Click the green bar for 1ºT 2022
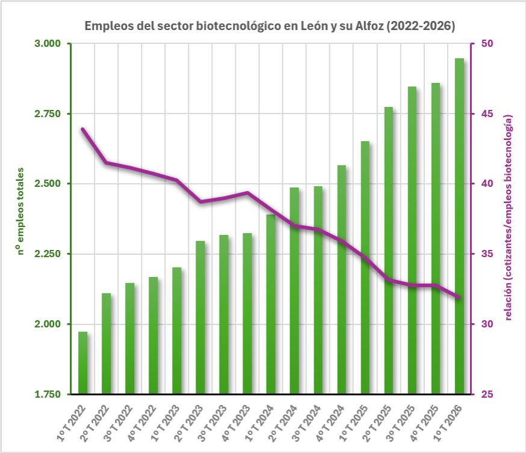click(x=83, y=363)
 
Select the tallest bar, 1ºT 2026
click(x=459, y=226)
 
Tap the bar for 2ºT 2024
click(x=294, y=291)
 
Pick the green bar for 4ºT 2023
click(x=247, y=314)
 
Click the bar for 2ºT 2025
click(x=389, y=251)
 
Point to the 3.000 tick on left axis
click(x=48, y=43)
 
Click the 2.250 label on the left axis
click(x=48, y=254)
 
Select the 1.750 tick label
click(x=48, y=394)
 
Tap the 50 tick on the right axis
click(x=487, y=43)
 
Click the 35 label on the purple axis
click(x=487, y=254)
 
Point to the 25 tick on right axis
click(x=487, y=394)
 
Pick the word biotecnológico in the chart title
click(x=238, y=26)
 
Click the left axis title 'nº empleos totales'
click(x=20, y=211)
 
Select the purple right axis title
click(x=508, y=217)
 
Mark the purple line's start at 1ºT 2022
click(x=82, y=129)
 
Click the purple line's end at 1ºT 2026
click(x=459, y=297)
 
